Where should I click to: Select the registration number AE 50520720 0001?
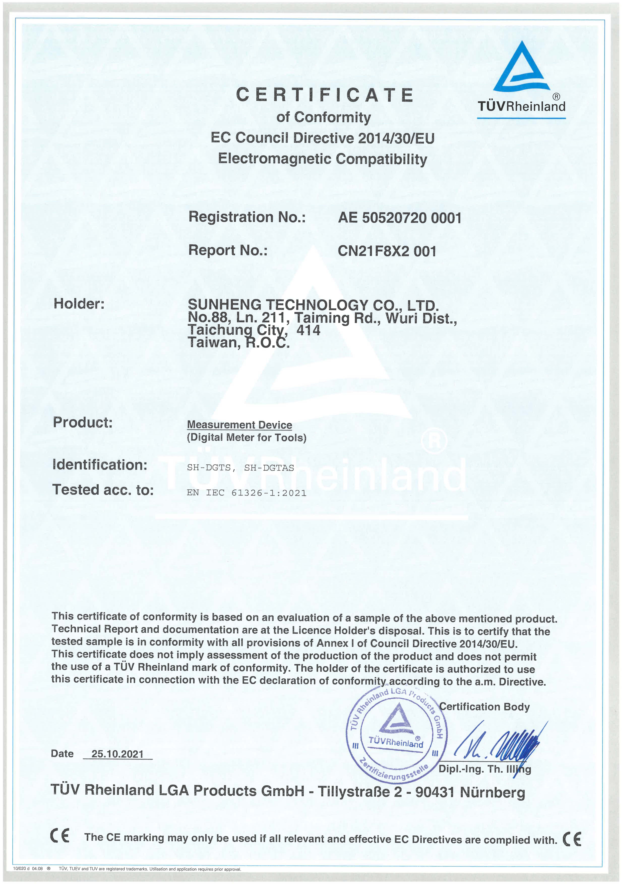[x=400, y=218]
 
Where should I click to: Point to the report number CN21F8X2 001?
[x=387, y=251]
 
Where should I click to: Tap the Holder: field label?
[x=79, y=304]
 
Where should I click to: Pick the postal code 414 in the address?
[x=308, y=330]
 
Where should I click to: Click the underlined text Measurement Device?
[x=239, y=425]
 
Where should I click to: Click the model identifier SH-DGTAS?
[x=269, y=468]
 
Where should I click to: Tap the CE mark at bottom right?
[x=572, y=839]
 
